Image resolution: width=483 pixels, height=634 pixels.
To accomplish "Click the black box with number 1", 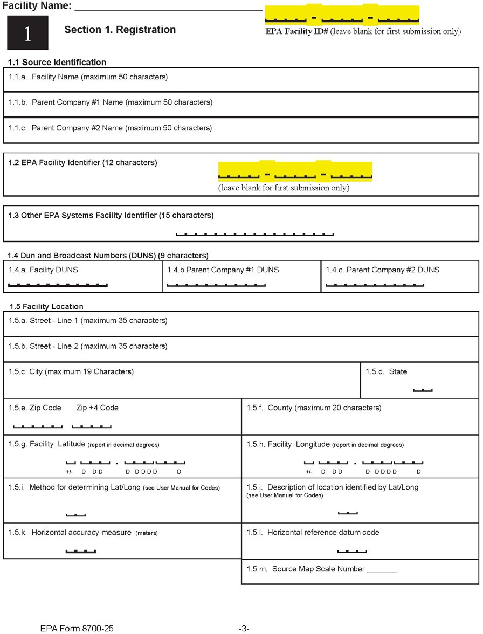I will pos(27,33).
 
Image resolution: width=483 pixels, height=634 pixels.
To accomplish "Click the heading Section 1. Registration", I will pos(120,30).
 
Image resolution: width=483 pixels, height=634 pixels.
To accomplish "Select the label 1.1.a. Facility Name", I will pos(88,77).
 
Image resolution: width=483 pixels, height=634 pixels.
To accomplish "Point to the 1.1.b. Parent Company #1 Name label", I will pos(111,102).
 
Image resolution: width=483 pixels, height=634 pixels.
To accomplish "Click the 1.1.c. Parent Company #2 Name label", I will pos(111,128).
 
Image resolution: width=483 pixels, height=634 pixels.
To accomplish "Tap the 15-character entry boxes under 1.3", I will pos(255,234).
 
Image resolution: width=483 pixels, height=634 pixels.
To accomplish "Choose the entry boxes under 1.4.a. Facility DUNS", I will pos(58,284).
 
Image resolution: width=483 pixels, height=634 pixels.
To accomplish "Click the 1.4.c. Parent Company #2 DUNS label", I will pos(382,270).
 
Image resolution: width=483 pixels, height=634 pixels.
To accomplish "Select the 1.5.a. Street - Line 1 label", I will pos(88,321).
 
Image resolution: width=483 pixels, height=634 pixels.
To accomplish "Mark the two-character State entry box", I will pos(423,390).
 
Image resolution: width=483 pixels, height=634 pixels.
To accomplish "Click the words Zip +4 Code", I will pos(98,408).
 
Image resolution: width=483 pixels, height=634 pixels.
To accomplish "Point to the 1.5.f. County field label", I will pos(314,408).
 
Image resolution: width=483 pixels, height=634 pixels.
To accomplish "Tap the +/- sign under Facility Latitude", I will pos(69,472).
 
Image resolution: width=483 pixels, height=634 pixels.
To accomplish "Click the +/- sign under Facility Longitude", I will pos(309,472).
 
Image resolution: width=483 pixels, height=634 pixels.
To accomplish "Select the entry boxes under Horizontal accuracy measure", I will pos(80,551).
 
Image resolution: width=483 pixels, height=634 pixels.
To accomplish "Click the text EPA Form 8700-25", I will pos(77,628).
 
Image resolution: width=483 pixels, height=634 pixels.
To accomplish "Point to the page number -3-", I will pos(244,628).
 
